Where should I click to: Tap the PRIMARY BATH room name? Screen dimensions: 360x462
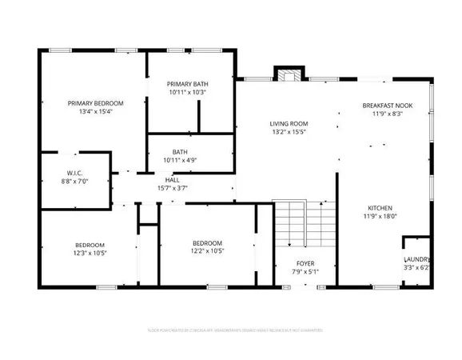click(x=187, y=84)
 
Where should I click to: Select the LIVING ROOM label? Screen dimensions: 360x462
click(x=289, y=123)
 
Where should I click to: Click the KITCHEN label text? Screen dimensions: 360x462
click(x=380, y=207)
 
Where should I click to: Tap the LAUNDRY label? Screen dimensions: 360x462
click(x=417, y=259)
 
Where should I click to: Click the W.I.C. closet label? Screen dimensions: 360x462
click(x=75, y=173)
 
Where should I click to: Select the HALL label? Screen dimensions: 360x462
click(x=172, y=180)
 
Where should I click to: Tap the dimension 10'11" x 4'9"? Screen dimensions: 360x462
click(x=180, y=160)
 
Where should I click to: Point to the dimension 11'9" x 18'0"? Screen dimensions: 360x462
click(x=380, y=216)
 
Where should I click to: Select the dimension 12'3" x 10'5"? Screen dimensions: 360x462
click(x=90, y=254)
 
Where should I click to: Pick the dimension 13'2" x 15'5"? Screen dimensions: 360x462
click(x=289, y=132)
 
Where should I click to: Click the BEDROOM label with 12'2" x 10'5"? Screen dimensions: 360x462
click(x=207, y=243)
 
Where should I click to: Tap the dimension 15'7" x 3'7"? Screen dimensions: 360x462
click(x=172, y=189)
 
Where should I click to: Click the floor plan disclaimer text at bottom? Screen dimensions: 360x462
click(x=231, y=329)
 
